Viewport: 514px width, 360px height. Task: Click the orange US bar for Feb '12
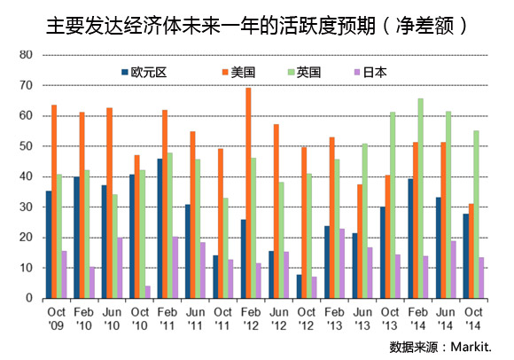tap(248, 193)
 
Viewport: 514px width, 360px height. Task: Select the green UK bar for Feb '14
tap(421, 199)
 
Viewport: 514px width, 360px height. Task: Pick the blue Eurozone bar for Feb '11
tap(160, 229)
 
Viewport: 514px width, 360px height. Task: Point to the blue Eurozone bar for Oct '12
tap(300, 286)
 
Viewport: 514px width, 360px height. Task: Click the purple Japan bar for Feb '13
tap(342, 263)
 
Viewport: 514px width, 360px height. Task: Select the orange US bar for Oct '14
tap(471, 251)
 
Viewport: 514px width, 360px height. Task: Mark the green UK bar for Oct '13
tap(393, 205)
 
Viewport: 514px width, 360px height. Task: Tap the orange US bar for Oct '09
tap(54, 201)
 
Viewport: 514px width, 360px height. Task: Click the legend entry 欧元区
tap(144, 72)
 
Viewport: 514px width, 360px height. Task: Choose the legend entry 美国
tap(238, 72)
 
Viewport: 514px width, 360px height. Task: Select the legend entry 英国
tap(304, 72)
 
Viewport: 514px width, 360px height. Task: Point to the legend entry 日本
tap(370, 72)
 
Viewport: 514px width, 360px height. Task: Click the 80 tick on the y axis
tap(26, 55)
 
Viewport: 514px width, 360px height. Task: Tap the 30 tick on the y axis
tap(26, 207)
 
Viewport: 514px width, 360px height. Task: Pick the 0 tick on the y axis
tap(29, 298)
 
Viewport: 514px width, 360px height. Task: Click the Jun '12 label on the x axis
tap(278, 318)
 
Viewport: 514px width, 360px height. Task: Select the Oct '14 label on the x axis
tap(473, 318)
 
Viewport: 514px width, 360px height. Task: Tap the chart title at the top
tap(257, 26)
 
